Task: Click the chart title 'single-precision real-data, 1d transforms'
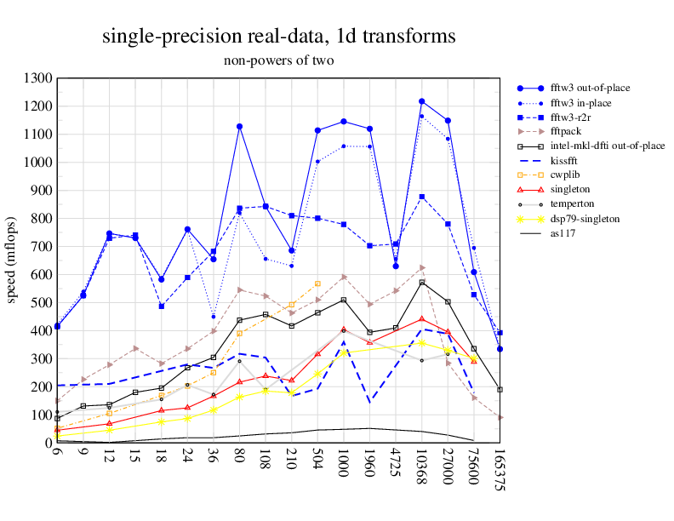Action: tap(278, 36)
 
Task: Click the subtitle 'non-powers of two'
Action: tap(278, 60)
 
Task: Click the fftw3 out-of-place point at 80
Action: tap(240, 127)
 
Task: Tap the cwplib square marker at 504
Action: tap(317, 283)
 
